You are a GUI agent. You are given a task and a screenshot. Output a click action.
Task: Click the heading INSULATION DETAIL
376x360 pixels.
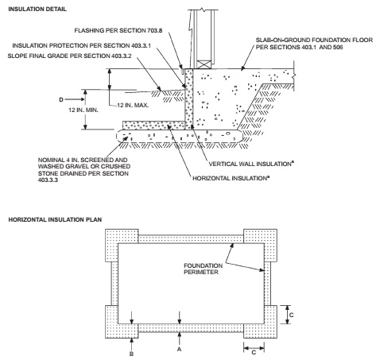click(37, 10)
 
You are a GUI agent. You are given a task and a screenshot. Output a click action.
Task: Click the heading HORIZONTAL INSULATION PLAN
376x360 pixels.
click(55, 219)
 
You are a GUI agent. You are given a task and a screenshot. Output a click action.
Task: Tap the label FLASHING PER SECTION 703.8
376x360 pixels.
click(118, 30)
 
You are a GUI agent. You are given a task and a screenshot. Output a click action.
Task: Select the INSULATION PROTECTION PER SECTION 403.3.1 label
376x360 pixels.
click(82, 45)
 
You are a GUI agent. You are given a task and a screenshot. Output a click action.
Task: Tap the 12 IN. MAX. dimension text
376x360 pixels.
click(133, 105)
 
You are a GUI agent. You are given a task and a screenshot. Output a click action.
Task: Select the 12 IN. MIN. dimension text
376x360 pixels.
click(83, 110)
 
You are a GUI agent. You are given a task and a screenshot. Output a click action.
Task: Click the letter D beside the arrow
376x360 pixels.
click(61, 99)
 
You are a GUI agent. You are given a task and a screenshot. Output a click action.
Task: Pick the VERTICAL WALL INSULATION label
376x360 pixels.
click(251, 164)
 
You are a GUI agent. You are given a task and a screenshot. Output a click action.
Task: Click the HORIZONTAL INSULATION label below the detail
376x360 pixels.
click(231, 178)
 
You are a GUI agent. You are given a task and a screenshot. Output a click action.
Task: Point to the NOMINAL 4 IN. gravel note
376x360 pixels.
click(84, 170)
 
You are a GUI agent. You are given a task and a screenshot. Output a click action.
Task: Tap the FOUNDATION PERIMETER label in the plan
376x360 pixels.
click(204, 269)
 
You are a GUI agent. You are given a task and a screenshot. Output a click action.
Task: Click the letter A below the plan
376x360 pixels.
click(180, 349)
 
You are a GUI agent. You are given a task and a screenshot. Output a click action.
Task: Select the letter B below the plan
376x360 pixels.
click(131, 354)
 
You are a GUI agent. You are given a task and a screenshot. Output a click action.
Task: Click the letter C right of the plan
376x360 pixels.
click(292, 315)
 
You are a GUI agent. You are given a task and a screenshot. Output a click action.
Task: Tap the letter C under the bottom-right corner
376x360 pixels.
click(254, 353)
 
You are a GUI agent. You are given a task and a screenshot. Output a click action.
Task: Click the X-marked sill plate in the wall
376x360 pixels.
click(204, 64)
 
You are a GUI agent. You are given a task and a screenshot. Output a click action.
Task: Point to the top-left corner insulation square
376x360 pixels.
click(122, 246)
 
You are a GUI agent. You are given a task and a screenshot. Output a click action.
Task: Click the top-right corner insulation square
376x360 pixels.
click(260, 246)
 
